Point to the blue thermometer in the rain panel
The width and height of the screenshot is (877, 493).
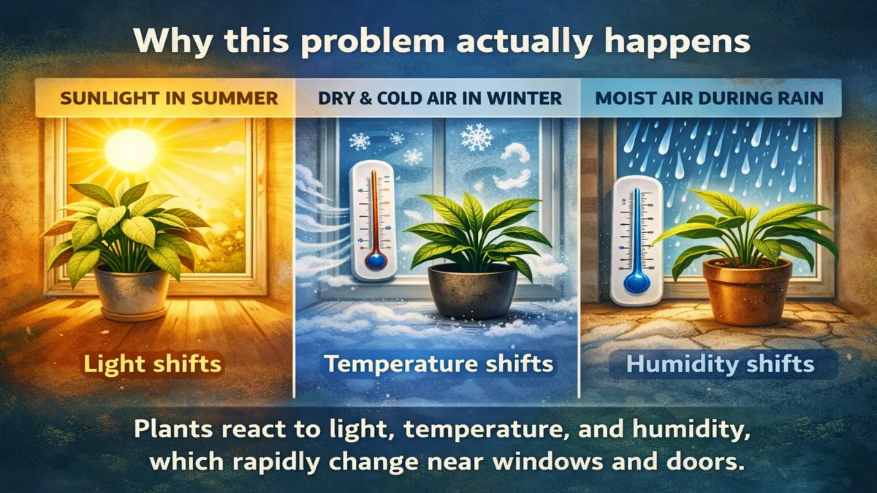coord(636,241)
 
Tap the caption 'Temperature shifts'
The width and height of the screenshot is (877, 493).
coord(439,363)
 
